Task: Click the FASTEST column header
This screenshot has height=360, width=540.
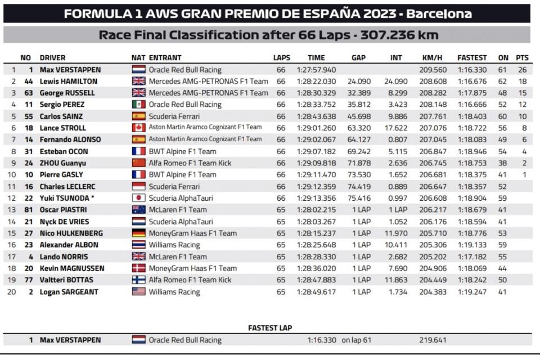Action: coord(472,57)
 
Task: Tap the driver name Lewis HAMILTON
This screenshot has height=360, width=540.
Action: coord(68,81)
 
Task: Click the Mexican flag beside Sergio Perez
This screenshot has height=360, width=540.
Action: coord(138,105)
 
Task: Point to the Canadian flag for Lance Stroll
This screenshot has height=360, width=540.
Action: coord(138,128)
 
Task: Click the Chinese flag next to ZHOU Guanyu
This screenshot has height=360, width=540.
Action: coord(138,163)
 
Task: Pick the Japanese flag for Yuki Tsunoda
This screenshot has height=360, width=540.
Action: coord(138,198)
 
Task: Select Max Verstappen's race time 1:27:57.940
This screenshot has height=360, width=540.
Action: coord(316,70)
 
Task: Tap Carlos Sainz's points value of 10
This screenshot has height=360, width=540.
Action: coord(522,116)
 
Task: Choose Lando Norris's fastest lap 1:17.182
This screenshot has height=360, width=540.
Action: coord(472,256)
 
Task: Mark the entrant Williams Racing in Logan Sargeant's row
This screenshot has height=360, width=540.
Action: coord(174,291)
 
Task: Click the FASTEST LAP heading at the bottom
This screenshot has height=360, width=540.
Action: coord(270,328)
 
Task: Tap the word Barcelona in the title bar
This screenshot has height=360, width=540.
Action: coord(440,13)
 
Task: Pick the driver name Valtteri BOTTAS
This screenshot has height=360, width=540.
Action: coord(66,280)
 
